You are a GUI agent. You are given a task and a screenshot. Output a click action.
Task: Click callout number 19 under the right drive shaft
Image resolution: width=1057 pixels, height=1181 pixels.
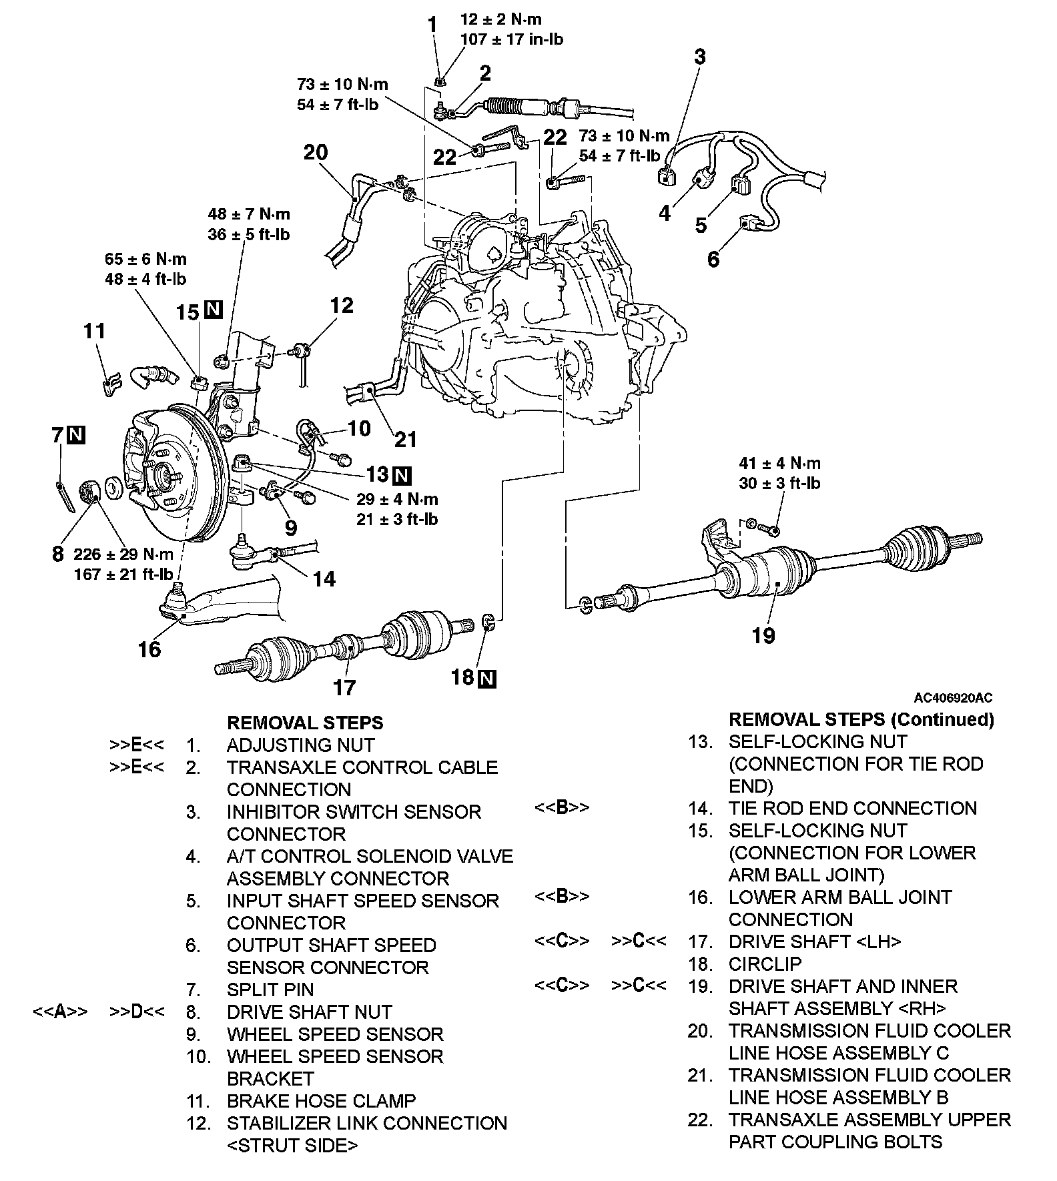pyautogui.click(x=763, y=635)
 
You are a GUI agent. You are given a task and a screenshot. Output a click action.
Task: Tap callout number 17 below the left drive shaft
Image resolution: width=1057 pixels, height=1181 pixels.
pyautogui.click(x=344, y=687)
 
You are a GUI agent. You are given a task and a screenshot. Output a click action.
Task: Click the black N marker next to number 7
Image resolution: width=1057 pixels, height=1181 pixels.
pyautogui.click(x=77, y=435)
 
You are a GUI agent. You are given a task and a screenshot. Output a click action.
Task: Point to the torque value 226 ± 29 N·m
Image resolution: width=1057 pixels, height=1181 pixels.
pyautogui.click(x=123, y=554)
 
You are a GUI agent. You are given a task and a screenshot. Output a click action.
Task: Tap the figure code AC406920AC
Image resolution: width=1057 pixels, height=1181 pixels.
pyautogui.click(x=953, y=698)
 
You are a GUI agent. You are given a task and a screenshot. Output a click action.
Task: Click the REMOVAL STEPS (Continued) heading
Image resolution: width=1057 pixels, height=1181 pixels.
pyautogui.click(x=861, y=719)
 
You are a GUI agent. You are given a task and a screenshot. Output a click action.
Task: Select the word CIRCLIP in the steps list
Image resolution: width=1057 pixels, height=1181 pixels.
pyautogui.click(x=765, y=963)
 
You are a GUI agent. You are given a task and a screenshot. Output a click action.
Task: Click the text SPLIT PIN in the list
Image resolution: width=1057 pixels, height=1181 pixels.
pyautogui.click(x=270, y=990)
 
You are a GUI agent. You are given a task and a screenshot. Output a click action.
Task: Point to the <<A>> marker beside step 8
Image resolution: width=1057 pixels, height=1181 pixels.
pyautogui.click(x=60, y=1012)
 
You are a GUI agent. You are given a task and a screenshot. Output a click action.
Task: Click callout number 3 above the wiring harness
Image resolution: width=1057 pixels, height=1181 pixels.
pyautogui.click(x=699, y=57)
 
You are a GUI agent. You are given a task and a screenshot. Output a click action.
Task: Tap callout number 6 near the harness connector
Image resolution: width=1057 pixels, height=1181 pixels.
pyautogui.click(x=713, y=260)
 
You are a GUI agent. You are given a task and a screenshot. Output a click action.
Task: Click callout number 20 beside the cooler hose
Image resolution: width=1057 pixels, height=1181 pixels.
pyautogui.click(x=316, y=153)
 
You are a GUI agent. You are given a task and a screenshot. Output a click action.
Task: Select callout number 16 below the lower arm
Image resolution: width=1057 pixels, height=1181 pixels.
pyautogui.click(x=149, y=649)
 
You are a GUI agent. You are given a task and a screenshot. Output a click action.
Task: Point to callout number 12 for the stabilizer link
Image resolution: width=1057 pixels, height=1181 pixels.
pyautogui.click(x=342, y=306)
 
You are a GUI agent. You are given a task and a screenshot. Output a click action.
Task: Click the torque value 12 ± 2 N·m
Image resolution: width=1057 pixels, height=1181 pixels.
pyautogui.click(x=500, y=20)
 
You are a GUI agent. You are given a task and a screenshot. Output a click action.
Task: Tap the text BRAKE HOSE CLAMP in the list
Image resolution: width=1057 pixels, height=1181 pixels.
pyautogui.click(x=321, y=1100)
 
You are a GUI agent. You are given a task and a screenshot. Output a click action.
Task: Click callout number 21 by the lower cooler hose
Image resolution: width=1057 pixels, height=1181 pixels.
pyautogui.click(x=406, y=440)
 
